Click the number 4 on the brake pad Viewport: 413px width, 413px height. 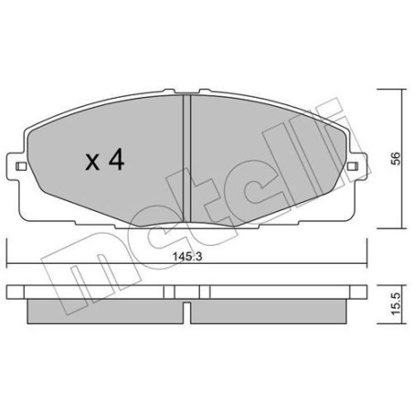tap(116, 162)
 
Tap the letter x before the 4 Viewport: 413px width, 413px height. tap(91, 164)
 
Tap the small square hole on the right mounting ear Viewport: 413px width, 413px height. tap(353, 165)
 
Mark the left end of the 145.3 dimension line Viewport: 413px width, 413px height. tap(7, 262)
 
